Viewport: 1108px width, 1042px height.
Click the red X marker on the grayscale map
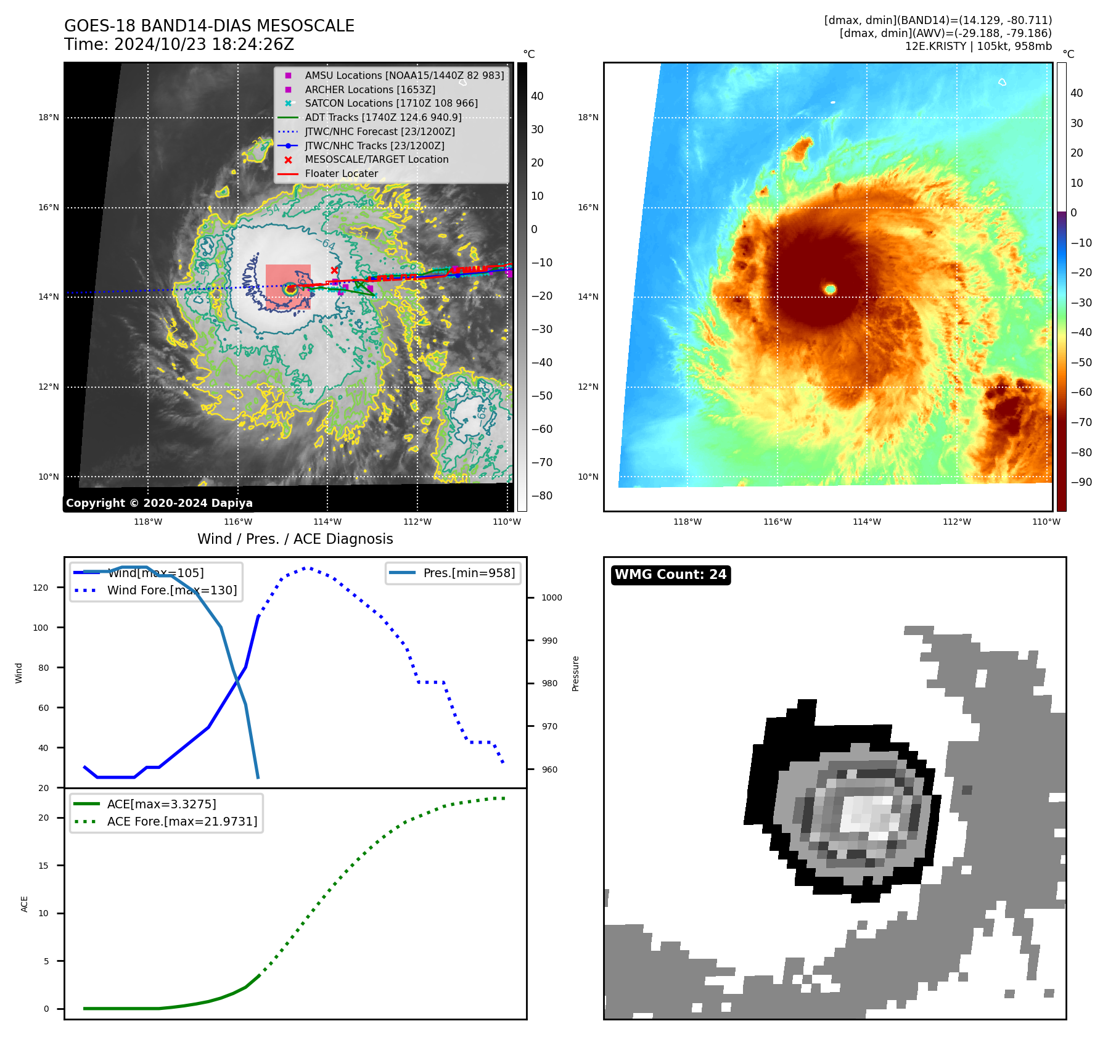(x=334, y=270)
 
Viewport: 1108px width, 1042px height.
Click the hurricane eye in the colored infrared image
(x=831, y=289)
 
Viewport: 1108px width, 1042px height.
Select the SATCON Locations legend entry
(x=391, y=104)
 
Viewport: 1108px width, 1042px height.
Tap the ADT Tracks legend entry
(x=383, y=117)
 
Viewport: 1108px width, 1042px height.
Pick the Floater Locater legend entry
(x=341, y=174)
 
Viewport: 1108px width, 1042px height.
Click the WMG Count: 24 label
(x=670, y=575)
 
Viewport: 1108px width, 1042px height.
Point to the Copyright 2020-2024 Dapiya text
(x=159, y=503)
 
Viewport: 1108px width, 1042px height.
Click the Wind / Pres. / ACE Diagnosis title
(x=295, y=539)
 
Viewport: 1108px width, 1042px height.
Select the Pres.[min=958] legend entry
(x=469, y=573)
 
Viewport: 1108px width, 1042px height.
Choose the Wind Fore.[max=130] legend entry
(x=171, y=590)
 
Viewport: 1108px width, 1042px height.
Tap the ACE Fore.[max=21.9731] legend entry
(x=182, y=821)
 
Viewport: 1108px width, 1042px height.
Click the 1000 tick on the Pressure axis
(x=551, y=597)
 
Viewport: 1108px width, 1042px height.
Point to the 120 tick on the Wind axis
(x=41, y=588)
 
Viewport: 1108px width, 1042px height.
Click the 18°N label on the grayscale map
(x=49, y=117)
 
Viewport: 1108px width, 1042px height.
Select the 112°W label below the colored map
(x=956, y=522)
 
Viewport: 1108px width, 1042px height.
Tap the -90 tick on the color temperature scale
(x=1081, y=482)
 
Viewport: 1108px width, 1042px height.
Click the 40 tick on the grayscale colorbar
(x=537, y=96)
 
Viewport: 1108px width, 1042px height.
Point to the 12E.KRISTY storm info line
(x=978, y=46)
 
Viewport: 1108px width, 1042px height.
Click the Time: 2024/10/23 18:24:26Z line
(x=179, y=44)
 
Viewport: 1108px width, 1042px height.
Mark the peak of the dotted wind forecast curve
(x=307, y=568)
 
